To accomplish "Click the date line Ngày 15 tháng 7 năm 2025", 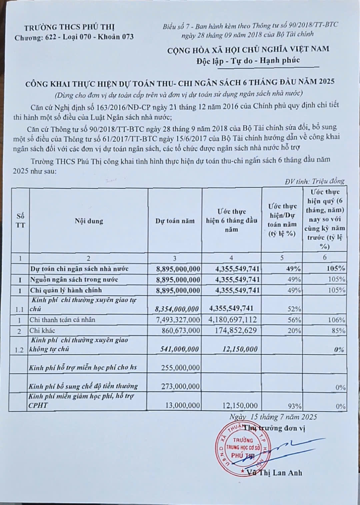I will (273, 417).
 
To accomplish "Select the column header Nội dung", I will (89, 221).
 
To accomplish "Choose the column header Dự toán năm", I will (175, 221).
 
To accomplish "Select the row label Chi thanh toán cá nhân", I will (62, 320).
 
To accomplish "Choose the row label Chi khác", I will (42, 331).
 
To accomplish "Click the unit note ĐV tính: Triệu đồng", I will (314, 181).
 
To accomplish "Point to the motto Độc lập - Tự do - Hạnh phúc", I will (247, 60).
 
